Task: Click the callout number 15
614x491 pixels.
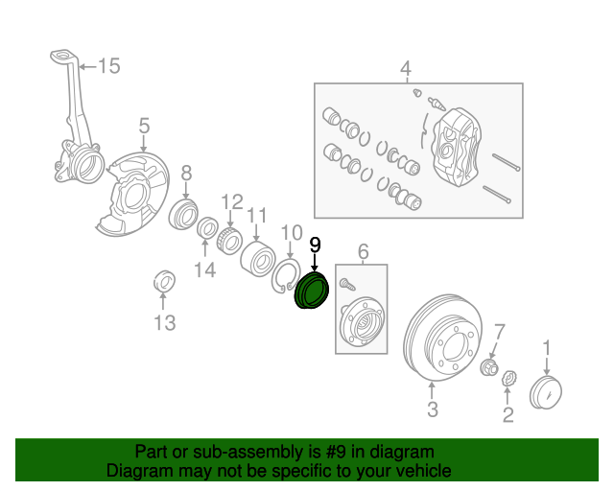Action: [109, 66]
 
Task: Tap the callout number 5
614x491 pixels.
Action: [144, 126]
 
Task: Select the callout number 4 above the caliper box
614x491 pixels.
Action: [405, 69]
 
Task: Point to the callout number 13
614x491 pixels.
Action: [165, 323]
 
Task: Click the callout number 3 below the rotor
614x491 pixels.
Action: [432, 410]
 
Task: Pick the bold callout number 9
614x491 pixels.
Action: [314, 245]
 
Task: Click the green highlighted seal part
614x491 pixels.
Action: [311, 292]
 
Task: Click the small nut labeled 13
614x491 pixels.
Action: [165, 283]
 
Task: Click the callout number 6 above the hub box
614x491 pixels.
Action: [364, 252]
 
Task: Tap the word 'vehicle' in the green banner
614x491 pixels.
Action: [420, 471]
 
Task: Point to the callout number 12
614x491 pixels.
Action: [232, 201]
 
